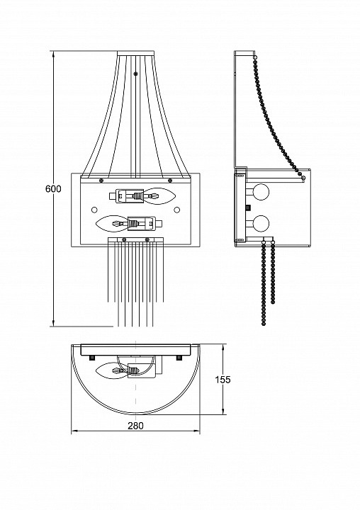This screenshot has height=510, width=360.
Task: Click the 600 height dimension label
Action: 53,188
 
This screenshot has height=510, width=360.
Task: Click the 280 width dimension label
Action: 135,426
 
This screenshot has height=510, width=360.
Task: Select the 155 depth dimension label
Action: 223,380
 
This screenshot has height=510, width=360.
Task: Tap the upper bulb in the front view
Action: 159,196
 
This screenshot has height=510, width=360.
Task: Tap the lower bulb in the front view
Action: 112,224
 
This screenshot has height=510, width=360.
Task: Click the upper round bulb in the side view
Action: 261,192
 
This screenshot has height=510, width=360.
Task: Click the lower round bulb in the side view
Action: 261,223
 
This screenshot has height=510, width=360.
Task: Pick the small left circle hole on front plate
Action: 94,210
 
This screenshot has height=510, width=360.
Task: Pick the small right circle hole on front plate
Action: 176,210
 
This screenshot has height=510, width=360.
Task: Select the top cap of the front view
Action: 135,53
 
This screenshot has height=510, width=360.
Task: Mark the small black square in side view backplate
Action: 249,207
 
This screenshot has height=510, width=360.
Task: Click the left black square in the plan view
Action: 92,358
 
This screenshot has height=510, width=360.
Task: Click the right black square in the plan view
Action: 179,358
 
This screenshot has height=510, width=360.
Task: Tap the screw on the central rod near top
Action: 135,74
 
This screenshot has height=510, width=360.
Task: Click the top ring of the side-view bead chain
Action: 255,57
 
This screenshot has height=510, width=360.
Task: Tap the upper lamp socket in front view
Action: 127,195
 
